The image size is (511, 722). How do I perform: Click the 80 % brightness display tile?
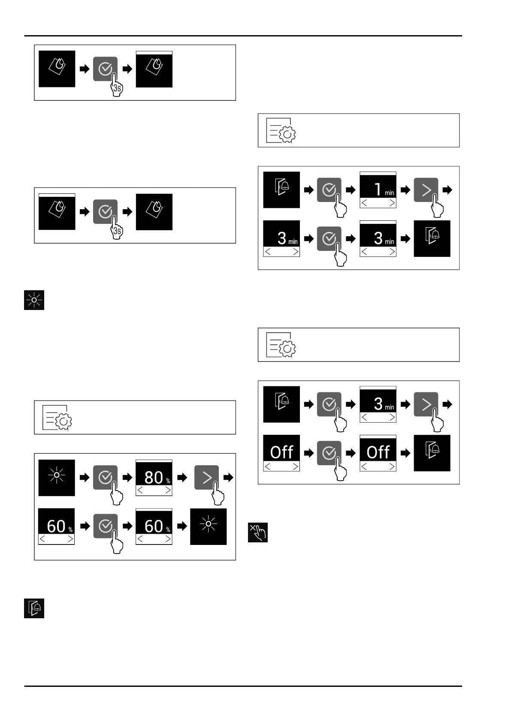[x=154, y=478]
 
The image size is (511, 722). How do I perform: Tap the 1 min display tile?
[x=378, y=190]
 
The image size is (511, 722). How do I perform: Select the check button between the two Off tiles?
[x=329, y=453]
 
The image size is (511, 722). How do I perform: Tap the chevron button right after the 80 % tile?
[x=206, y=477]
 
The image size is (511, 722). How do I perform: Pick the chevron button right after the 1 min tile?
[x=426, y=190]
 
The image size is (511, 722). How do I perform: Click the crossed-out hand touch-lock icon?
[x=258, y=532]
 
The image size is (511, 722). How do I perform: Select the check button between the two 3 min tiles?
[x=329, y=238]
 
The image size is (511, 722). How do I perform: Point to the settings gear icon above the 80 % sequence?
[x=57, y=417]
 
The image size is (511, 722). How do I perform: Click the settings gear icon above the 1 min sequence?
[x=281, y=130]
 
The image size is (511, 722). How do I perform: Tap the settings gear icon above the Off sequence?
[x=281, y=345]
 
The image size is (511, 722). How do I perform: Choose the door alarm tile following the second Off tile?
[x=432, y=453]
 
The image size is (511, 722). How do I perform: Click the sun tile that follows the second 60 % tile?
[x=209, y=526]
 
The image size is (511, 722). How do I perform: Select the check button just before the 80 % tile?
[x=105, y=477]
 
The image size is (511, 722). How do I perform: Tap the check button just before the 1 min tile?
[x=329, y=190]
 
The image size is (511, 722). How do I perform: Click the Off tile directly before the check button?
[x=281, y=453]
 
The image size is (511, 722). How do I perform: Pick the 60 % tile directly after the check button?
[x=154, y=526]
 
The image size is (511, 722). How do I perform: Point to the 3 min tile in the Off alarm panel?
[x=378, y=404]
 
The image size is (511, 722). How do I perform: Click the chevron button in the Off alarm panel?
[x=426, y=404]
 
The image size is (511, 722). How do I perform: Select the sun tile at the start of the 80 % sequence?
[x=57, y=478]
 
